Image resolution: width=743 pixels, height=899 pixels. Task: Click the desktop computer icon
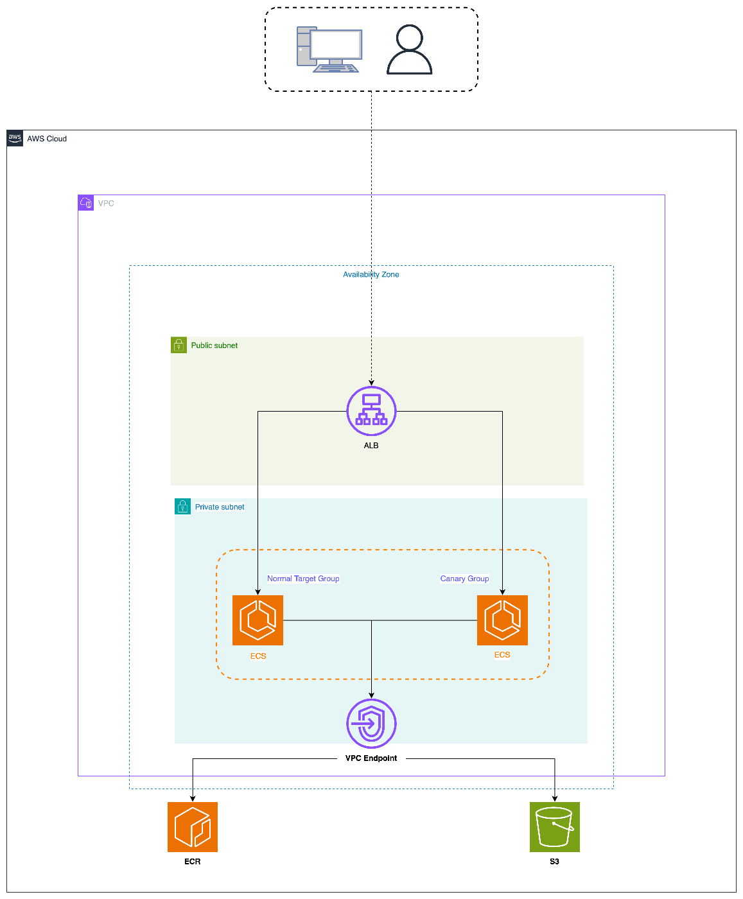click(x=329, y=49)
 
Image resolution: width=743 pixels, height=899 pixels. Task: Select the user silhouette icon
click(x=409, y=49)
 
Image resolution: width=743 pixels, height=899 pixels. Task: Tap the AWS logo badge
click(x=15, y=138)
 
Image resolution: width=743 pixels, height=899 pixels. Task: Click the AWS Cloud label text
click(x=47, y=139)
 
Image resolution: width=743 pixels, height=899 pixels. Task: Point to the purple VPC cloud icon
click(x=85, y=202)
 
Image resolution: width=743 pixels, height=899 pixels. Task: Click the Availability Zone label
click(x=371, y=274)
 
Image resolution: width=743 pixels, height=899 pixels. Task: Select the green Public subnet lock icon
click(x=179, y=345)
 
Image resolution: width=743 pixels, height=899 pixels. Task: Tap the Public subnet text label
click(x=214, y=345)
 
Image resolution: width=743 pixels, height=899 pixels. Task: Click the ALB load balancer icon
click(x=371, y=411)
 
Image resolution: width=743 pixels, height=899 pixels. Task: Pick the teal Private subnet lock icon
click(x=182, y=507)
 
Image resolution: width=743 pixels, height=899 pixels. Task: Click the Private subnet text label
click(x=219, y=507)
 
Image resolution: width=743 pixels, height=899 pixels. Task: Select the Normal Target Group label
click(x=303, y=578)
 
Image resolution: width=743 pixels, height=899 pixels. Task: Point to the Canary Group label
click(x=464, y=578)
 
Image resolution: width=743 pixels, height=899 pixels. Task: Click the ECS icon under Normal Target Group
click(x=258, y=620)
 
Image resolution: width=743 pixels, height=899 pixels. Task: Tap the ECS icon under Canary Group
click(x=502, y=620)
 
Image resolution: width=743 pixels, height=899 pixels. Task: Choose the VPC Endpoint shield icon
click(x=371, y=723)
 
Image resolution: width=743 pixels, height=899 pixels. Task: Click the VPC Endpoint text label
click(x=371, y=758)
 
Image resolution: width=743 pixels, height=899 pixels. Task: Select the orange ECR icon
click(x=192, y=826)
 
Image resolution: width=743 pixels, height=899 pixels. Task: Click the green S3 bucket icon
click(x=554, y=826)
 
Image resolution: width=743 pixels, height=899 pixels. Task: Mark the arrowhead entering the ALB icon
click(x=371, y=383)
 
